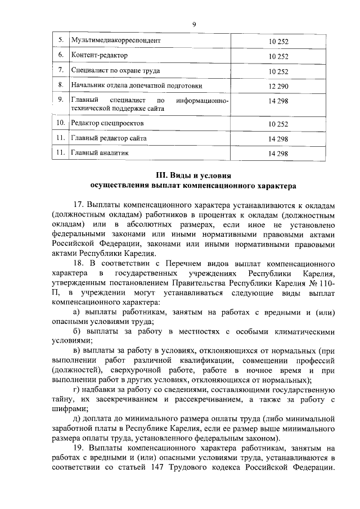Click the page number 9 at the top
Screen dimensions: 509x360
tap(194, 24)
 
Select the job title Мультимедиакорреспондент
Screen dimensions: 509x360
tap(116, 41)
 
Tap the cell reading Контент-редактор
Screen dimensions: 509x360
tap(100, 56)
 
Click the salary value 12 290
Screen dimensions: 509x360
tap(278, 85)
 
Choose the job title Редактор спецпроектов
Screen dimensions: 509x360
tap(108, 123)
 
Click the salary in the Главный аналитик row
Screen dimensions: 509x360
tap(278, 153)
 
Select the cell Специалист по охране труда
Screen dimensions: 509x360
tap(116, 71)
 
